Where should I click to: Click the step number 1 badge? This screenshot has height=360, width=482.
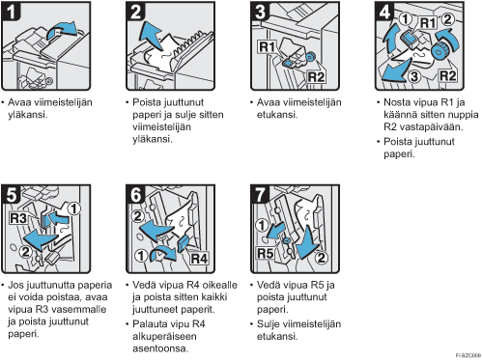[12, 11]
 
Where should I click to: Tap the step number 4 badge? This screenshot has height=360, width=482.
[384, 11]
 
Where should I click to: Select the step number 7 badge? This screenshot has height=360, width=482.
[260, 194]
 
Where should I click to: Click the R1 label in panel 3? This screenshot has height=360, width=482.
[267, 47]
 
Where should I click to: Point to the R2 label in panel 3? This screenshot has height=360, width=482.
[316, 77]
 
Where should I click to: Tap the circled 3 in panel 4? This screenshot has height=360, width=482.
[414, 76]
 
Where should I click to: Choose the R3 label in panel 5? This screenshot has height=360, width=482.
[18, 218]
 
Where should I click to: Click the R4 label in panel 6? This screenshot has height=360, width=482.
[199, 259]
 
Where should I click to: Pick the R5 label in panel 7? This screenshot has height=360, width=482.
[266, 254]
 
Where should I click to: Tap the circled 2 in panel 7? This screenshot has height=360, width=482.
[321, 258]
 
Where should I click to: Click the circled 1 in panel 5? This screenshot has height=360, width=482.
[73, 208]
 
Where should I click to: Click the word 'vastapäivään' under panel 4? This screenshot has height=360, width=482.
[431, 126]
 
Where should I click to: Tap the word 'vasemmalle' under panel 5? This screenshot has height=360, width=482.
[79, 309]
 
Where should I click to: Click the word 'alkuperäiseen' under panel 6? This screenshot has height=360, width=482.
[164, 336]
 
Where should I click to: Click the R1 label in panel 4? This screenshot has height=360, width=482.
[428, 22]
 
